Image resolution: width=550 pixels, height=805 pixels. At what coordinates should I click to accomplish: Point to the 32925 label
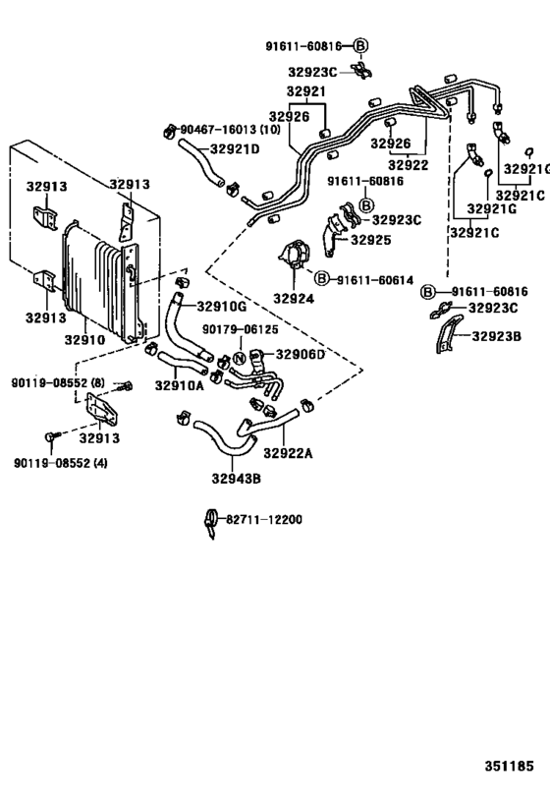point(371,239)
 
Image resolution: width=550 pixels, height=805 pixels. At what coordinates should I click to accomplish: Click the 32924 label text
point(293,298)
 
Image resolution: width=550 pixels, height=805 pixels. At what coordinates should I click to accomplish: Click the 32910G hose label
point(222,305)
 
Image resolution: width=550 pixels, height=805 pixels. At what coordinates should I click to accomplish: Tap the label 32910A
point(179,385)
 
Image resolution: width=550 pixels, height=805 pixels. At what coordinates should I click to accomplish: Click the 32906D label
point(300,355)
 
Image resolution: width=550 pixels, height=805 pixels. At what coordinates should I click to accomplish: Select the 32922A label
point(287,452)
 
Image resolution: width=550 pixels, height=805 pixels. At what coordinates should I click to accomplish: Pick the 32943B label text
point(236,479)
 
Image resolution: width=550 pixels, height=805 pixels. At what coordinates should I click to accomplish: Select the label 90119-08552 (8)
point(58,382)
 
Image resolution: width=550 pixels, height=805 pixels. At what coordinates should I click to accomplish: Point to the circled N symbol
point(237,358)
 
